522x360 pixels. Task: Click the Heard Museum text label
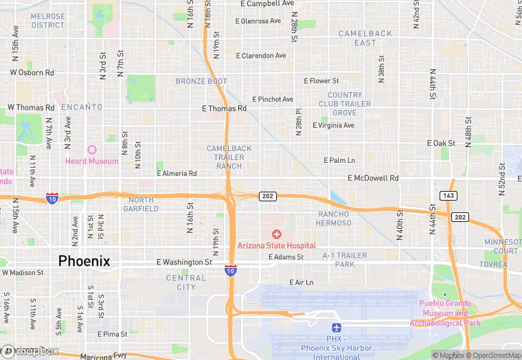click(91, 161)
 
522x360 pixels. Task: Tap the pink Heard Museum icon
click(91, 150)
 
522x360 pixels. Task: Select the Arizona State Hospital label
click(277, 245)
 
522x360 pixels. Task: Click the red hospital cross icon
click(277, 234)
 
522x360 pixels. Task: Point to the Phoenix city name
click(84, 261)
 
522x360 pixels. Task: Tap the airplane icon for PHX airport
click(337, 329)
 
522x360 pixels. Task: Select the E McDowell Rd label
click(373, 178)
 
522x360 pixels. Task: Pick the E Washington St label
click(184, 262)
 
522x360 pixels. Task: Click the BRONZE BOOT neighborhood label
click(201, 81)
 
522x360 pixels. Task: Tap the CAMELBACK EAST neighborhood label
click(365, 38)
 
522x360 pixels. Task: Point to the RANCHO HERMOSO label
click(334, 218)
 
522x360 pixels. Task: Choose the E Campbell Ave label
click(268, 3)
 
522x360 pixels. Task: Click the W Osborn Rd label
click(32, 72)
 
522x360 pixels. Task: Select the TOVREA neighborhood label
click(494, 265)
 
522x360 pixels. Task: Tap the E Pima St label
click(113, 334)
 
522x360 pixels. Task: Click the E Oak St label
click(442, 143)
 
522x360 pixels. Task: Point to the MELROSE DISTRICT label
click(48, 21)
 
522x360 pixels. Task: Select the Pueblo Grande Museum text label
click(440, 313)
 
